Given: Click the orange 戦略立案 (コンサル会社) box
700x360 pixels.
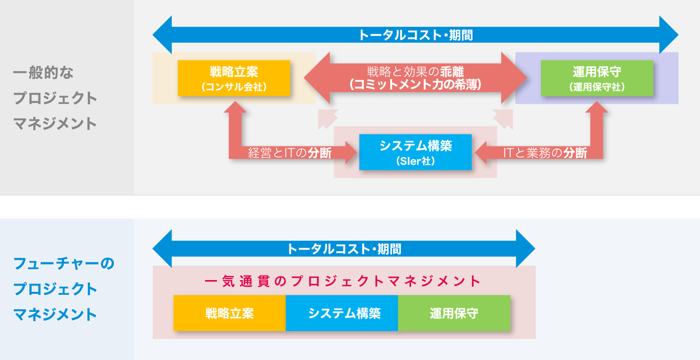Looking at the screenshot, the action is point(234,78).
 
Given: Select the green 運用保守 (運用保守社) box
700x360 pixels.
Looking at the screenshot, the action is point(597,78).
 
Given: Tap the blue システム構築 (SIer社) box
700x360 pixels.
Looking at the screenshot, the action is point(415,152).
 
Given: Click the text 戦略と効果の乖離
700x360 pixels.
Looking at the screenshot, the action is point(415,72).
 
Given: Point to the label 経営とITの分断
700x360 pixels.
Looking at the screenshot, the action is point(290,153).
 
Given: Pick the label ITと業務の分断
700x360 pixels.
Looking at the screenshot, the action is point(545,153).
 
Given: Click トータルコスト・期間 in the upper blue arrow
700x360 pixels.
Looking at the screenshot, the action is point(415,35).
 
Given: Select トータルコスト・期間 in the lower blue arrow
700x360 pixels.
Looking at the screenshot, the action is point(344,249).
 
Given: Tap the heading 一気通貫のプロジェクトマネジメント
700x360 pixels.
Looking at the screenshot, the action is point(343,281).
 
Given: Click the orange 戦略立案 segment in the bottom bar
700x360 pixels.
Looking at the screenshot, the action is point(229,313).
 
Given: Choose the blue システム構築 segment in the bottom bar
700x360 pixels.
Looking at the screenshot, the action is point(342,313).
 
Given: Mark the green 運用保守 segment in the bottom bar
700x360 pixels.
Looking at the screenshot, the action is point(454,313).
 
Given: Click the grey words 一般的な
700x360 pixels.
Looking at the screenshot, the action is point(43,72).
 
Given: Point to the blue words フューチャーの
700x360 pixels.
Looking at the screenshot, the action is point(64,263).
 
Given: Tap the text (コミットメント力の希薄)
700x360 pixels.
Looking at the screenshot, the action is point(415,85).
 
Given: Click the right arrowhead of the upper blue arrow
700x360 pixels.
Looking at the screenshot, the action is point(669,35).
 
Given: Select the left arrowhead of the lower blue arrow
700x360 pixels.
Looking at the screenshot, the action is point(162,249).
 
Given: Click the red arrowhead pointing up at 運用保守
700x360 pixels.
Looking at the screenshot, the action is point(597,107).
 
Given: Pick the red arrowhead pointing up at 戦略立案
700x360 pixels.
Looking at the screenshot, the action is point(235,107).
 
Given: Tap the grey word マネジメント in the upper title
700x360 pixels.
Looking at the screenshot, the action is point(55,123).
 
